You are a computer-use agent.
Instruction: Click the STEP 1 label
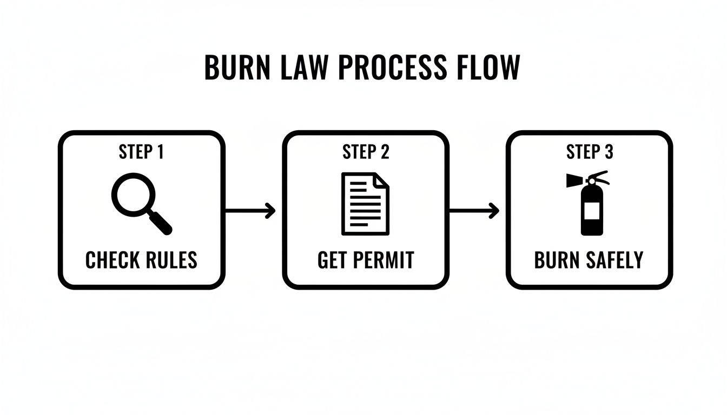tap(141, 152)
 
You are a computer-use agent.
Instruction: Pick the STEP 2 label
tap(366, 152)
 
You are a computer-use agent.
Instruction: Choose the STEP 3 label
tap(590, 152)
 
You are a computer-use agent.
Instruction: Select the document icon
tap(365, 204)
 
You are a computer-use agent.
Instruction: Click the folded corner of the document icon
tap(381, 179)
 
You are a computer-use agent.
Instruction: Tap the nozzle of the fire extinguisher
tap(573, 180)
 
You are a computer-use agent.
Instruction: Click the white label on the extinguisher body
tap(592, 211)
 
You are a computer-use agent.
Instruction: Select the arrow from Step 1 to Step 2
tap(250, 211)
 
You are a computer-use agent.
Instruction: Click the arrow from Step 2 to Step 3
tap(474, 211)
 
